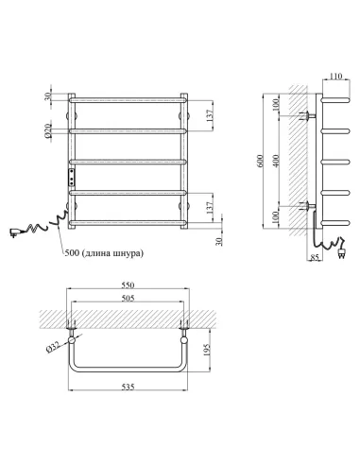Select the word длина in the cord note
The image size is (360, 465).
(103, 253)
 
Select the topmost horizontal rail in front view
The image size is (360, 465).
(126, 98)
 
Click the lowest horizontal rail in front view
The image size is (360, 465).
(126, 223)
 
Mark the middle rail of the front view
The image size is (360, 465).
(126, 161)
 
